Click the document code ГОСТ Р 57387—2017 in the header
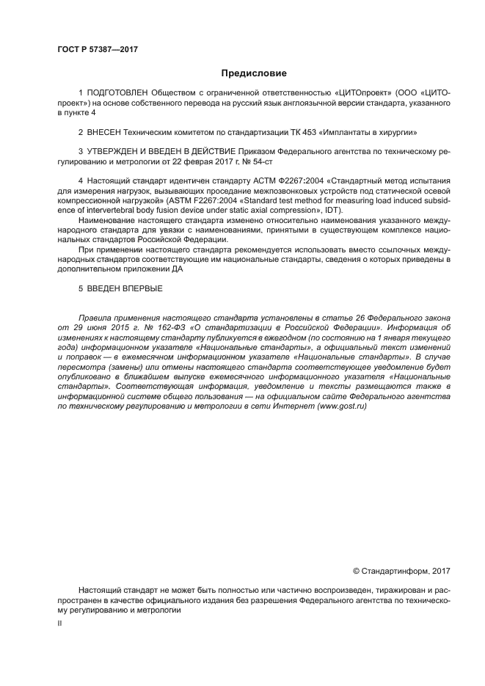coord(97,50)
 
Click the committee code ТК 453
coord(303,133)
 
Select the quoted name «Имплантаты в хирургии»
coord(371,133)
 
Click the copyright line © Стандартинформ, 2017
coord(401,570)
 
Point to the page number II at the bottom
coord(60,622)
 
